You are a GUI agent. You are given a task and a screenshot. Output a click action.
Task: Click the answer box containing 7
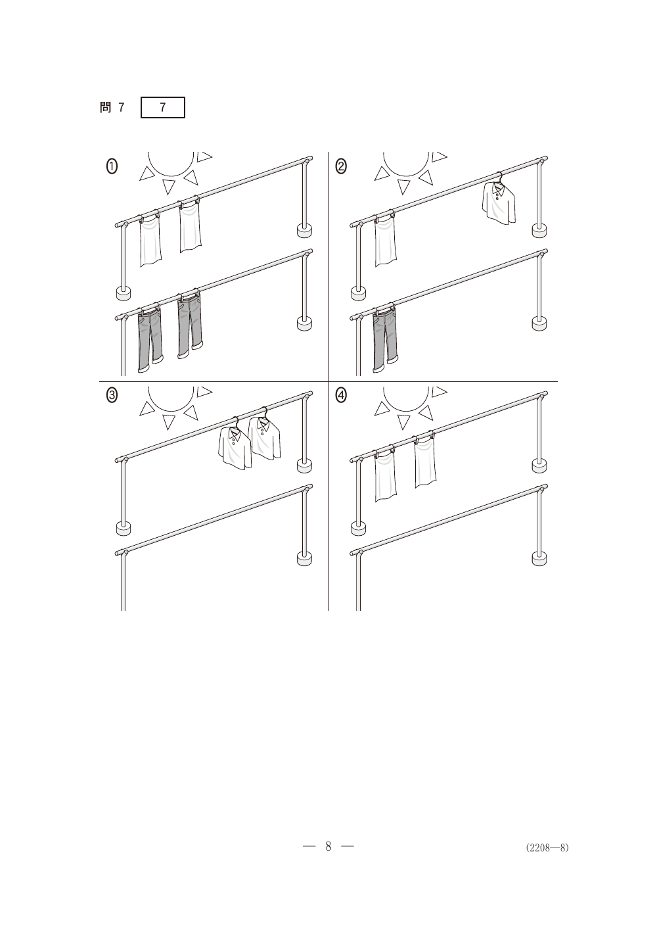[x=162, y=107]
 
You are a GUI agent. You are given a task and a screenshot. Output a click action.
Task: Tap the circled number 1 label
[x=112, y=167]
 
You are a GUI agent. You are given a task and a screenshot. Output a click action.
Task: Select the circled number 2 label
[x=341, y=167]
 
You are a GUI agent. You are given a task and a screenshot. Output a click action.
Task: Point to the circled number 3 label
[x=112, y=396]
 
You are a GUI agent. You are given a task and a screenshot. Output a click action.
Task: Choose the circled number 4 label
[x=341, y=396]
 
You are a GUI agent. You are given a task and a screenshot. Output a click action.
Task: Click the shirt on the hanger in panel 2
[x=499, y=202]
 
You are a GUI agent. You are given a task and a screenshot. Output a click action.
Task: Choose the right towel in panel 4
[x=425, y=462]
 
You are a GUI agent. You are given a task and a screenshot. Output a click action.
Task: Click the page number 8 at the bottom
[x=328, y=846]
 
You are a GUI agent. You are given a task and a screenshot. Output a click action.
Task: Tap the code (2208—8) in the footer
[x=547, y=847]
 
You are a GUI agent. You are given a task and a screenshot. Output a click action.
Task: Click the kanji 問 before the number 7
[x=105, y=107]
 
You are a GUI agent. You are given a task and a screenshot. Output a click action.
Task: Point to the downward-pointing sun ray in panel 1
[x=168, y=187]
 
